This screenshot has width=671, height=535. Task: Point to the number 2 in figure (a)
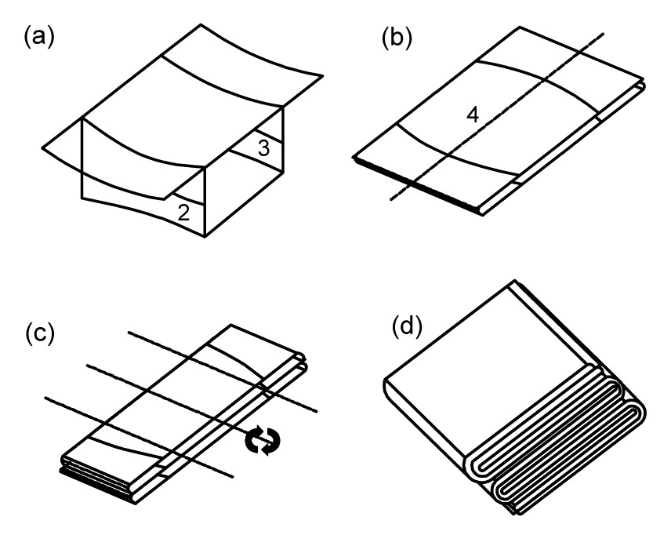pyautogui.click(x=183, y=213)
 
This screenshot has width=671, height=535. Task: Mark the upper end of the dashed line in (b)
pyautogui.click(x=602, y=33)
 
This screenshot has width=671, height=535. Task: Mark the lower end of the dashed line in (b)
pyautogui.click(x=390, y=202)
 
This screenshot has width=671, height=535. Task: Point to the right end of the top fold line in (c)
pyautogui.click(x=317, y=410)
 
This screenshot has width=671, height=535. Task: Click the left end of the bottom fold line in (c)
pyautogui.click(x=46, y=398)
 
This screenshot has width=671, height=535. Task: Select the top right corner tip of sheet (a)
pyautogui.click(x=323, y=76)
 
